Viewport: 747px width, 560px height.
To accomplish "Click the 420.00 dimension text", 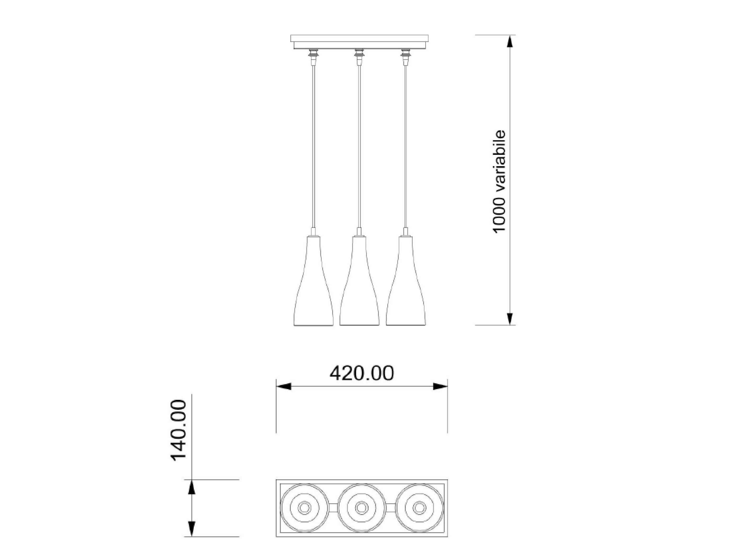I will [x=362, y=374].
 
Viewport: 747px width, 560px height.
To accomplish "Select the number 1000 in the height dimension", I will [x=499, y=215].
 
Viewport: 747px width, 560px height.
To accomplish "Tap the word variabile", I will [x=499, y=160].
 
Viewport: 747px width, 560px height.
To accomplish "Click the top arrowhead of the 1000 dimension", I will [x=510, y=42].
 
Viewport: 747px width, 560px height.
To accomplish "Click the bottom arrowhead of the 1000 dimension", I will [x=510, y=318].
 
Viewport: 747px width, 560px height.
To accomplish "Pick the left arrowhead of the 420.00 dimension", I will [x=284, y=386].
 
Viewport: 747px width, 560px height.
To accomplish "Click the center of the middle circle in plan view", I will [x=362, y=508].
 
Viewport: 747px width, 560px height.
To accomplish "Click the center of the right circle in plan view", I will [x=420, y=508].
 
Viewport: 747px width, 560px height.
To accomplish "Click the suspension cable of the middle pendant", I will [x=359, y=145].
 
